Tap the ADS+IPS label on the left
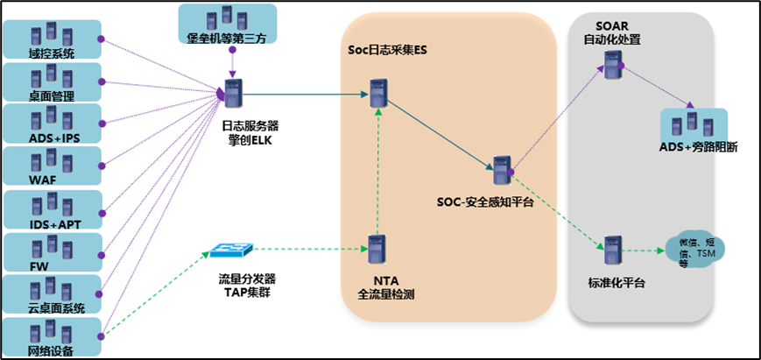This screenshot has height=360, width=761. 51,138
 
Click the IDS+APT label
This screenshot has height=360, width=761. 51,223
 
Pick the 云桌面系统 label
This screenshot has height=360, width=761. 55,308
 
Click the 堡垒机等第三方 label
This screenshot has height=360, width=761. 227,37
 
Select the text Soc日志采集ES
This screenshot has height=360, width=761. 382,51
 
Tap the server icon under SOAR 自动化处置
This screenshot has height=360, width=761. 612,63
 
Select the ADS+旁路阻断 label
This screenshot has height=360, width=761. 698,146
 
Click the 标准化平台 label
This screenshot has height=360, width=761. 617,284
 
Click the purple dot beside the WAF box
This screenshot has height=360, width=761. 102,166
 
